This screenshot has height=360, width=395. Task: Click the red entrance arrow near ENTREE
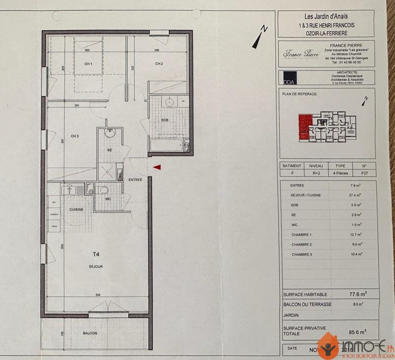click(x=157, y=168)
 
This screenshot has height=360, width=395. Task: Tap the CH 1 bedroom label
click(x=89, y=64)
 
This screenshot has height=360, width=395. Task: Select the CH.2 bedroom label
click(x=159, y=64)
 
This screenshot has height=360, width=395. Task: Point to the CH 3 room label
click(x=75, y=136)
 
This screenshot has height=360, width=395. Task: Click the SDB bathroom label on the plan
click(x=165, y=120)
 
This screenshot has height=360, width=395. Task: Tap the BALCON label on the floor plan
click(x=90, y=333)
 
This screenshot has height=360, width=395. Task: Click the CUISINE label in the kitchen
click(x=76, y=209)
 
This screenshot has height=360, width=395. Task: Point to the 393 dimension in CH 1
click(x=87, y=50)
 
